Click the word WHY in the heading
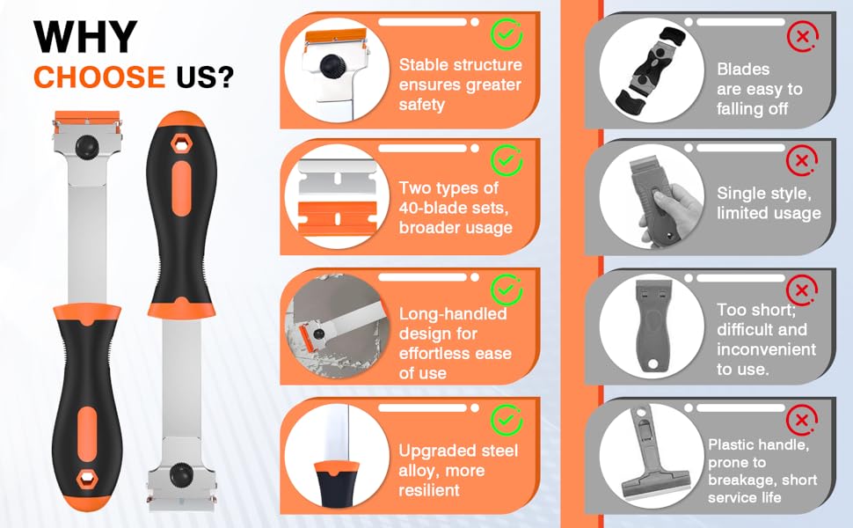coord(85,37)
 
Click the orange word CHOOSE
coord(99,77)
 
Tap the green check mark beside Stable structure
coord(507,35)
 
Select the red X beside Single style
coord(802,160)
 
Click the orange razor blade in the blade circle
coord(338,217)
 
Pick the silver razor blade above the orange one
coord(338,178)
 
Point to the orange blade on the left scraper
coord(88,117)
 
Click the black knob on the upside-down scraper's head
coord(179,474)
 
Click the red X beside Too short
coord(802,290)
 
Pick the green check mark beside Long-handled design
coord(507,289)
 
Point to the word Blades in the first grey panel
coord(743,70)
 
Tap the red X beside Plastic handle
coord(802,420)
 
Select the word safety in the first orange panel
coord(421,105)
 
